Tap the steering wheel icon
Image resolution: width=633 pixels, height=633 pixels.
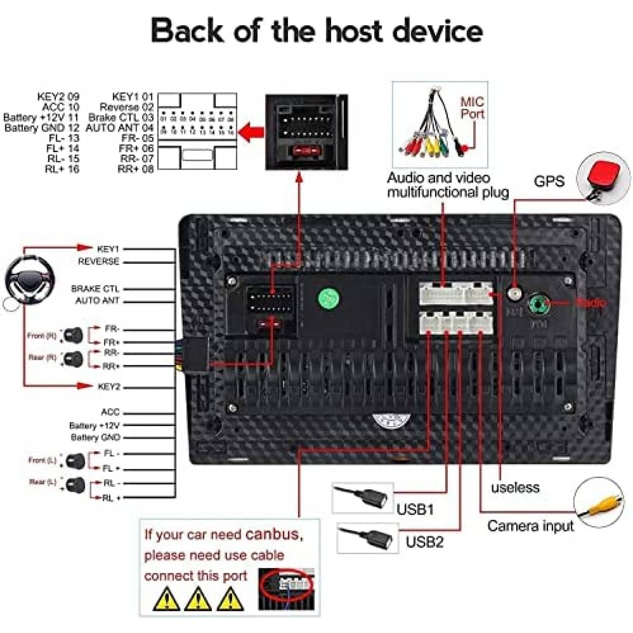(30, 280)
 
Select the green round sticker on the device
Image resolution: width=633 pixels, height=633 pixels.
(329, 299)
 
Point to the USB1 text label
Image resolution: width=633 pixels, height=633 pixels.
(415, 509)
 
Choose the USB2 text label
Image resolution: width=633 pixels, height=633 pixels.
(424, 542)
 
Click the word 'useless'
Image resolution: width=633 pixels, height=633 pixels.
(515, 487)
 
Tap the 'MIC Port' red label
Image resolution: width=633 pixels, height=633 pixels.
(472, 108)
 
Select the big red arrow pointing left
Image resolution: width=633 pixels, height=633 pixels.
(252, 132)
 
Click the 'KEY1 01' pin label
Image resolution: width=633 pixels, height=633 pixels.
(133, 97)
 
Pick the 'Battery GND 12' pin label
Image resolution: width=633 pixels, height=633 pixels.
(42, 128)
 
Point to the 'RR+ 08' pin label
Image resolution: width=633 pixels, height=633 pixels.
(135, 169)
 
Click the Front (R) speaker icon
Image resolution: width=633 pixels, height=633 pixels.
(74, 335)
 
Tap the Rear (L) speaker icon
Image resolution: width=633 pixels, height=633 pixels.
(76, 485)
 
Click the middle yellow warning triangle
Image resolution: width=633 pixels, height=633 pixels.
(198, 599)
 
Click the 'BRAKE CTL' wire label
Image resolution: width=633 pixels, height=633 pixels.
(95, 289)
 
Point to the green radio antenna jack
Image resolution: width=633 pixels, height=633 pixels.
(539, 304)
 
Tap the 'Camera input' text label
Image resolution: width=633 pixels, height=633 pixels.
(530, 526)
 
